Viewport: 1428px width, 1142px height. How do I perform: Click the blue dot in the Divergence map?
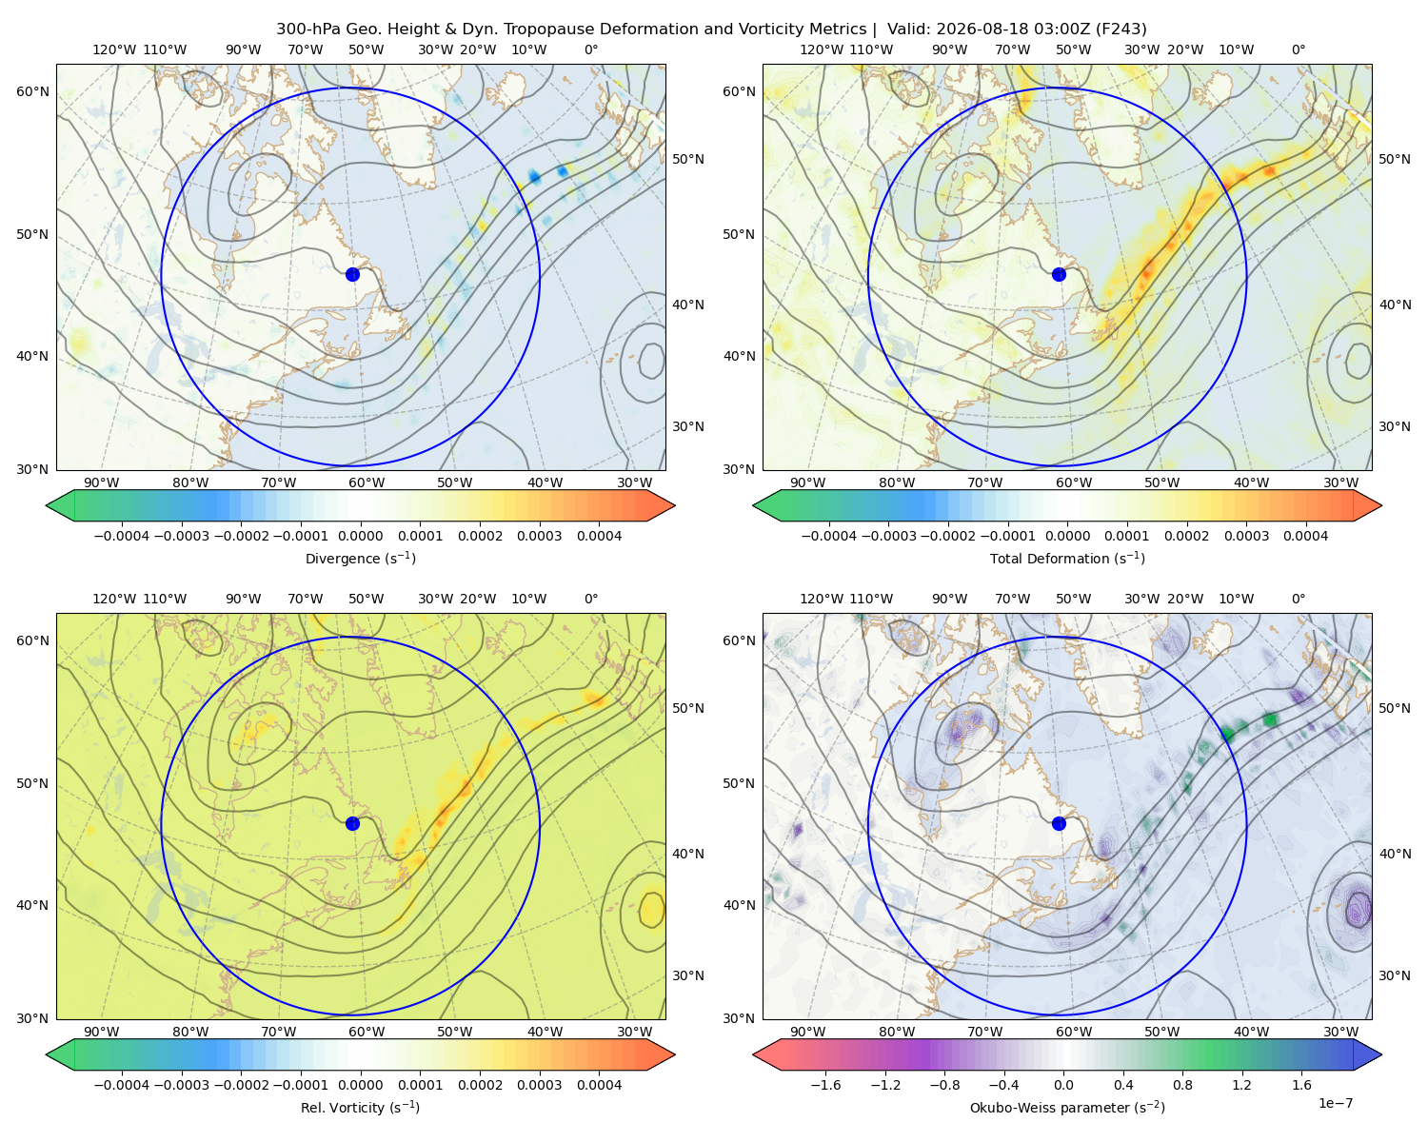pos(352,274)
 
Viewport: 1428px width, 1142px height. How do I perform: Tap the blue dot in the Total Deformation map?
pos(1059,274)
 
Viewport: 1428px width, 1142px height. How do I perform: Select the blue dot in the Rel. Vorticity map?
pos(352,823)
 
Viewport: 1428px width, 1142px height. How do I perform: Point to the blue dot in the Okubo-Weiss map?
pos(1059,823)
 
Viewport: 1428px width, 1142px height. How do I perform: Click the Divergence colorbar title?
pos(360,558)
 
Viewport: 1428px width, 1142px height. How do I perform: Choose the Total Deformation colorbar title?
pos(1067,558)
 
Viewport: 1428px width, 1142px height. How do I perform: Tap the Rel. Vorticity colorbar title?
pos(360,1107)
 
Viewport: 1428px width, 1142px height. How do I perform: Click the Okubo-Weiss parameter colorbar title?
pos(1067,1107)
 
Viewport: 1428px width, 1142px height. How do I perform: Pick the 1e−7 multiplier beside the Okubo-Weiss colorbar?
pos(1335,1103)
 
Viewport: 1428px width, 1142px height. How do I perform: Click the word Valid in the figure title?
pos(905,30)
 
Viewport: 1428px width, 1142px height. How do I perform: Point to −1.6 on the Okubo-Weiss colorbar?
pos(825,1085)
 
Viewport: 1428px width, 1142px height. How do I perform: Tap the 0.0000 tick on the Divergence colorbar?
pos(360,536)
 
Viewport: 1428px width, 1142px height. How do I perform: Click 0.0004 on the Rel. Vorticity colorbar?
pos(599,1085)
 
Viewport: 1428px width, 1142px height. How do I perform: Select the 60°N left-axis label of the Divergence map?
pos(32,91)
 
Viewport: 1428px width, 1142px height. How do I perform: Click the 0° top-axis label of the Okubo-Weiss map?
pos(1298,599)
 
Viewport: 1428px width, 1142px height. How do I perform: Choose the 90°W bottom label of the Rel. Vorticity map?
pos(102,1032)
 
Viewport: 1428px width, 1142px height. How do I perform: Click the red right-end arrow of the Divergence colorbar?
pos(661,505)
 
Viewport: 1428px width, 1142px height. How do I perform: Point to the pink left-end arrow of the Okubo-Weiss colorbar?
pos(767,1054)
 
